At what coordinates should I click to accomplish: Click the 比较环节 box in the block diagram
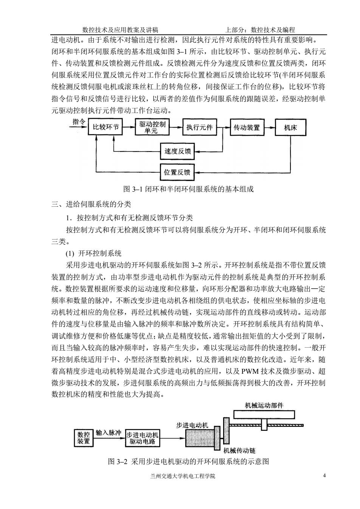[x=105, y=127]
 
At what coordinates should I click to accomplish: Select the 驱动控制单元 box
[x=152, y=127]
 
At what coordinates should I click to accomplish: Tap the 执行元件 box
[x=199, y=127]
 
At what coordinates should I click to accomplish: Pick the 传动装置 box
[x=247, y=127]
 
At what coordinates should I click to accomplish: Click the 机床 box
[x=290, y=127]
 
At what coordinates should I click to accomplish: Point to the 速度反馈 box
[x=177, y=151]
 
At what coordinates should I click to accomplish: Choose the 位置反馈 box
[x=177, y=172]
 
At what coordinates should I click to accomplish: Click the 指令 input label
[x=79, y=122]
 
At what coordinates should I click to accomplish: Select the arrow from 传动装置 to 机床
[x=270, y=127]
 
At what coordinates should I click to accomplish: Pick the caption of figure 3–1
[x=188, y=189]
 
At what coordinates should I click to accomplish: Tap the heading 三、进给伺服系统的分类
[x=91, y=204]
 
